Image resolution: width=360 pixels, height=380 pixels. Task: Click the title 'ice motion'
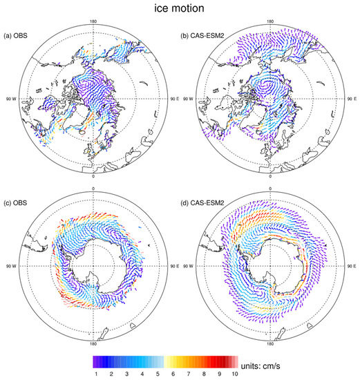pyautogui.click(x=180, y=9)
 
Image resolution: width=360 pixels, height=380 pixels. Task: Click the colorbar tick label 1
pyautogui.click(x=96, y=373)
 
